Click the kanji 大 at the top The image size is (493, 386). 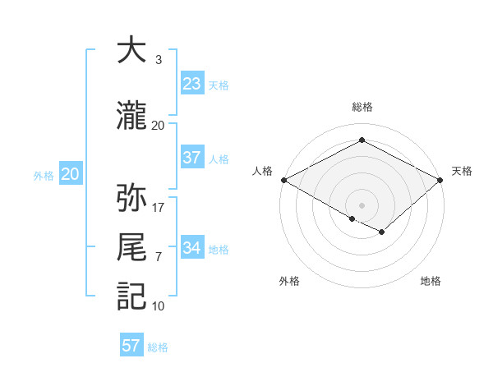tap(131, 51)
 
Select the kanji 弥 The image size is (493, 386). tap(131, 199)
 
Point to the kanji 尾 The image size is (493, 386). tap(131, 247)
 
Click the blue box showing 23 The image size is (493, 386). tap(191, 84)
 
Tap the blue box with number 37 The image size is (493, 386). tap(191, 158)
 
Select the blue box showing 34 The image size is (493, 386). tap(191, 248)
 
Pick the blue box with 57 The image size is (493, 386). tap(131, 346)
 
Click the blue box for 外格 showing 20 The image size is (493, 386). tap(70, 174)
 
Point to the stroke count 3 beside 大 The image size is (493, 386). tap(158, 60)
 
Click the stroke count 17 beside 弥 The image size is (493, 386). tap(159, 208)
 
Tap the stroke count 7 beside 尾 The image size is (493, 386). tap(158, 257)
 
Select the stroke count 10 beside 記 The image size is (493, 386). tap(159, 306)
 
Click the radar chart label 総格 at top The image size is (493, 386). tap(362, 107)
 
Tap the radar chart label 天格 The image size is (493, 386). tap(462, 171)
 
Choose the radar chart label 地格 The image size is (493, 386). tap(431, 282)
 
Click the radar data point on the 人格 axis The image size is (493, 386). tap(283, 179)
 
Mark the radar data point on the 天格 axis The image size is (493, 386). tap(440, 179)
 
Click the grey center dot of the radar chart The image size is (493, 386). tap(362, 204)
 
